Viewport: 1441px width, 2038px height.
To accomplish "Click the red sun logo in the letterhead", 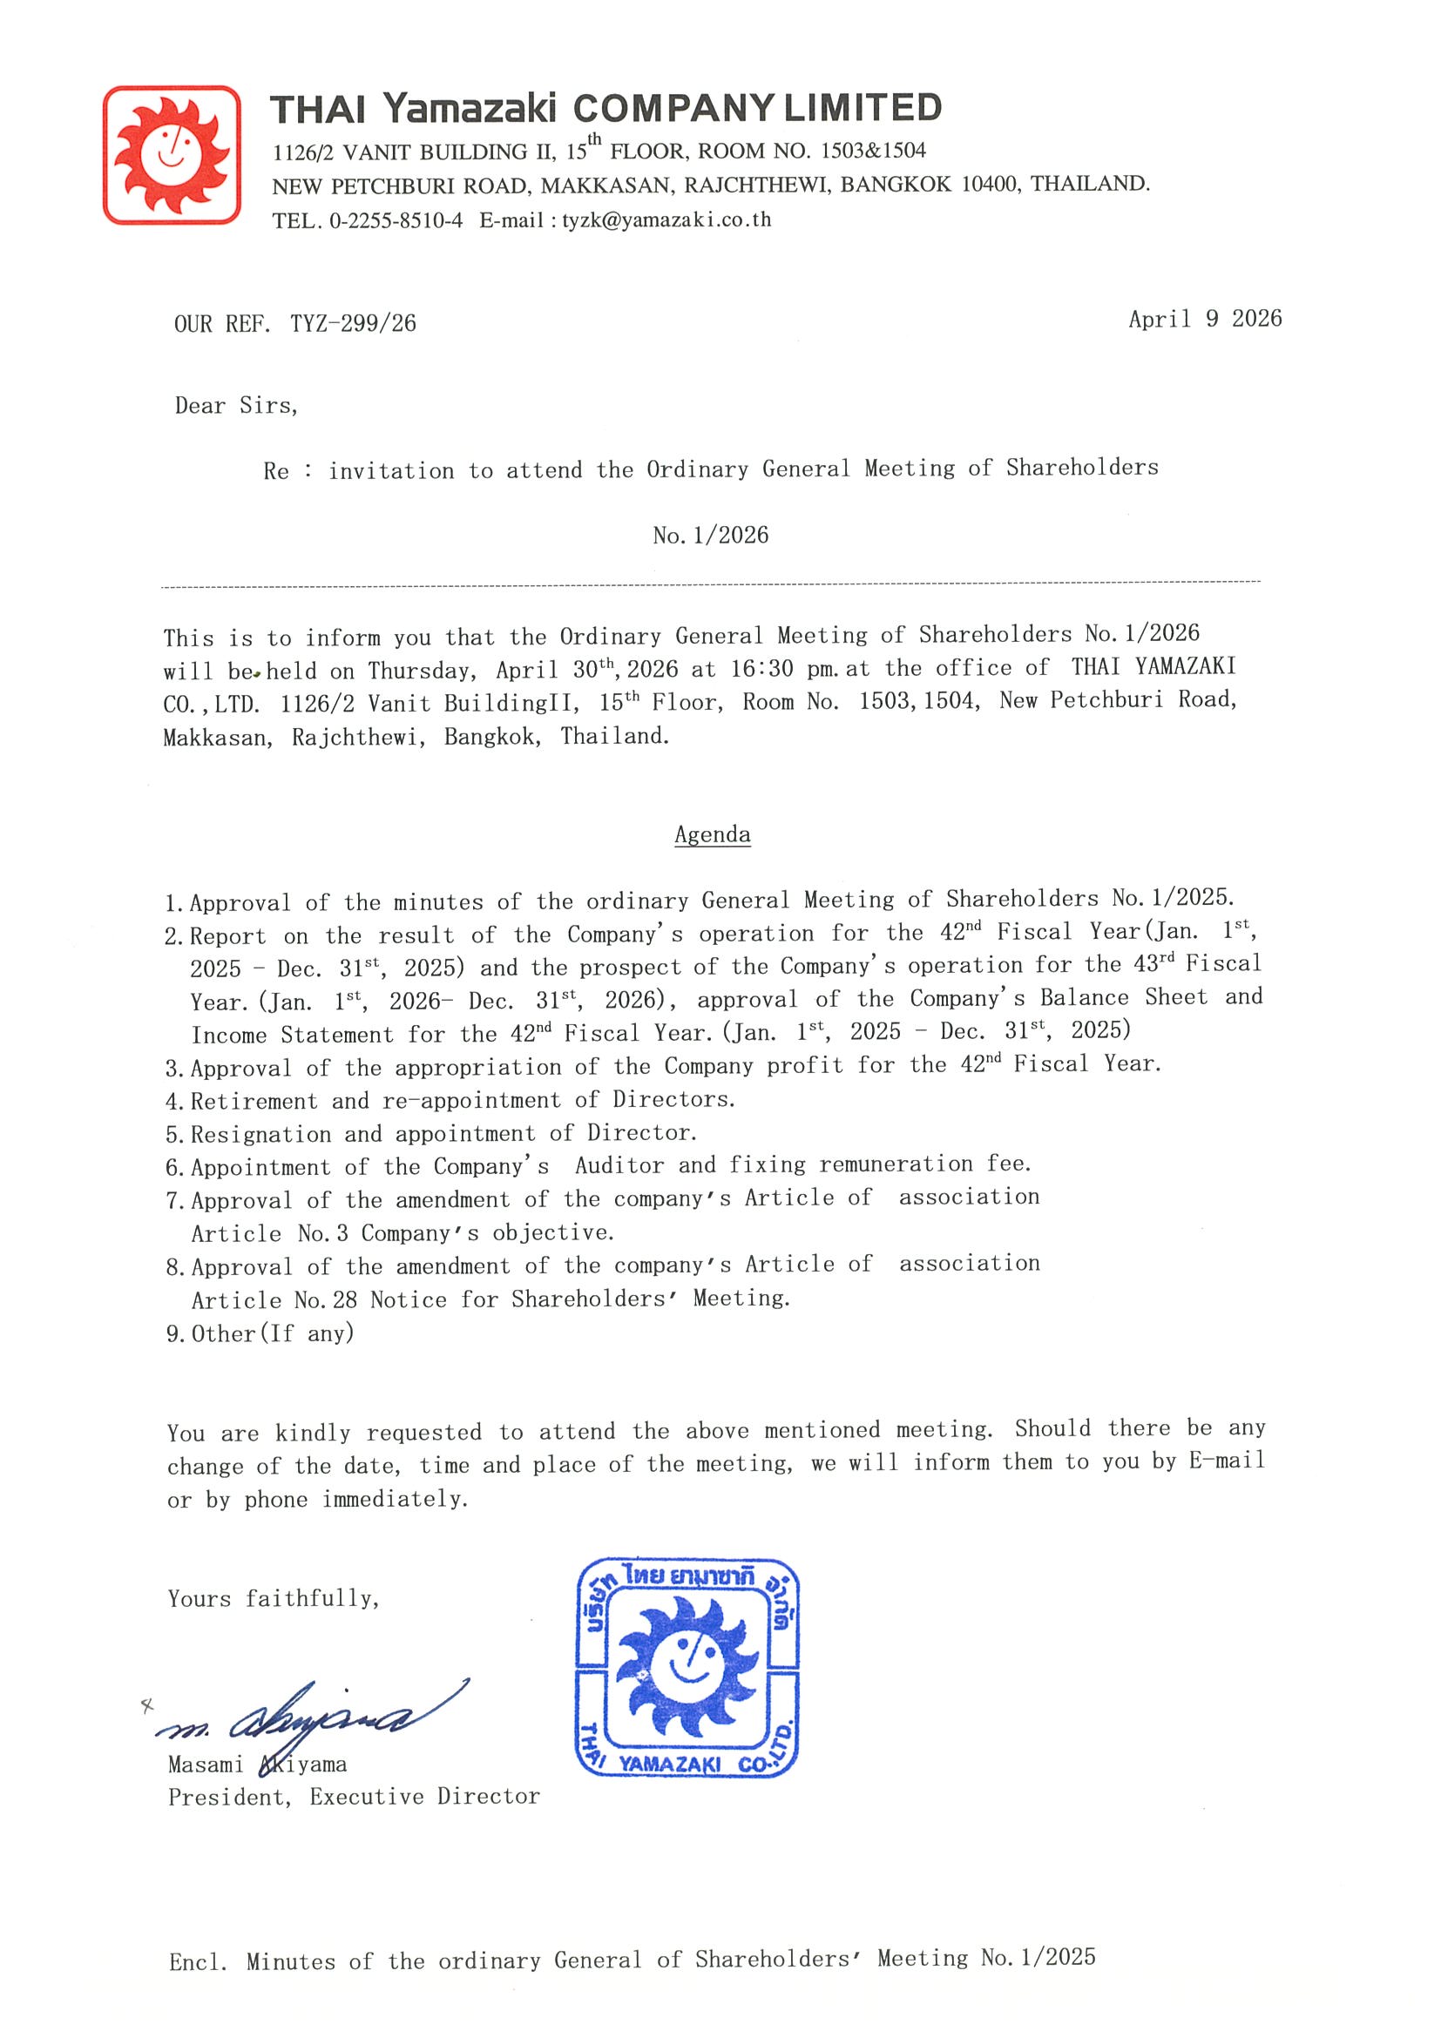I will click(172, 154).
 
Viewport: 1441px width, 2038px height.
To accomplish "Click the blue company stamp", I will click(687, 1669).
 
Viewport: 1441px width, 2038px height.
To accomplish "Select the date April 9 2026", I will click(1204, 320).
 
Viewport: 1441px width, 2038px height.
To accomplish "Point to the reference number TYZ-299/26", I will click(353, 324).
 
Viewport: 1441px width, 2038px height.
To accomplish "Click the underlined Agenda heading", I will click(712, 834).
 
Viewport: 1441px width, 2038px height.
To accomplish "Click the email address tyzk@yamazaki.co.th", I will click(666, 220).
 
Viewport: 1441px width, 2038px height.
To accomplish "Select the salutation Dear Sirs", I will click(236, 406).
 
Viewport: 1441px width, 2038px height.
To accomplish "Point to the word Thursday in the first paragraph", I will click(421, 670).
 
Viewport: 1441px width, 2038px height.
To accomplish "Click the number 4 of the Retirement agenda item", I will click(173, 1102).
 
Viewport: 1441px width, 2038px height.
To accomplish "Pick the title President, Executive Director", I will click(354, 1797).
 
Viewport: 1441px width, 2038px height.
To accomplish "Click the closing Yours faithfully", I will click(274, 1599).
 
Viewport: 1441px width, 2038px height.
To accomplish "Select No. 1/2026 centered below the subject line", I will click(710, 536).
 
